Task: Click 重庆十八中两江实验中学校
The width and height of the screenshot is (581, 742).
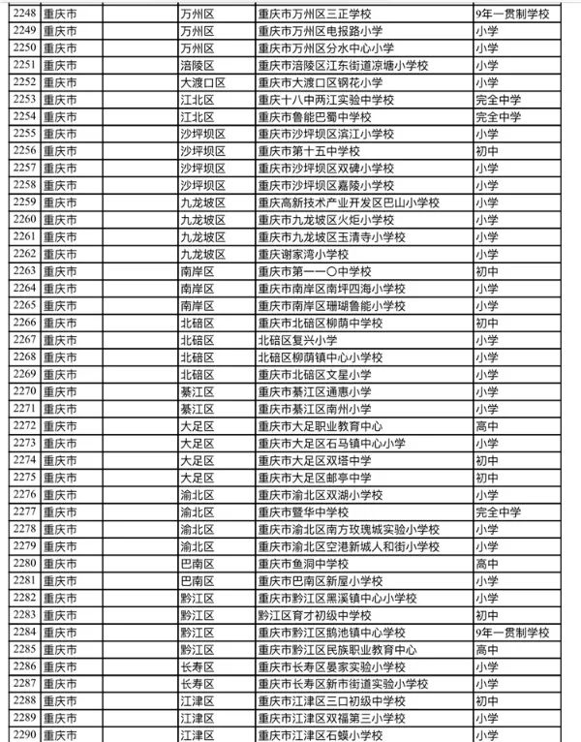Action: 325,100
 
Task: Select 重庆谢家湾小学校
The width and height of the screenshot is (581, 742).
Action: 302,254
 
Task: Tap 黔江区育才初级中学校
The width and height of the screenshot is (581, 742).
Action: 315,614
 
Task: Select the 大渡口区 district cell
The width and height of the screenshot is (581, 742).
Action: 202,82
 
